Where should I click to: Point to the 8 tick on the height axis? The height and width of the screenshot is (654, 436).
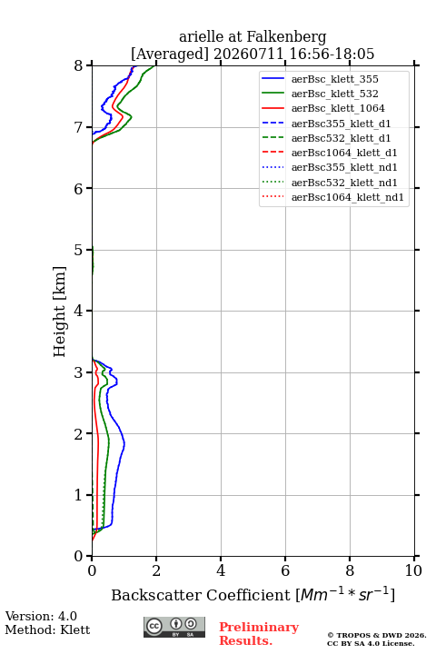(x=78, y=66)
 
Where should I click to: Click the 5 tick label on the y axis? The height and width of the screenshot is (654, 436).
(x=78, y=250)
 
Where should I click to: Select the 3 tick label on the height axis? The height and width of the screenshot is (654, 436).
(x=78, y=372)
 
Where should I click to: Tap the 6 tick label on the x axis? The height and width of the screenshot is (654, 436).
(x=285, y=570)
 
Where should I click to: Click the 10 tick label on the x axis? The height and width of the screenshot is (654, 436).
(x=413, y=570)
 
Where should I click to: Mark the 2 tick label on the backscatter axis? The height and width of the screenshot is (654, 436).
(x=156, y=570)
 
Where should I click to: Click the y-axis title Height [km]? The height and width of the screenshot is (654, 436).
(x=60, y=312)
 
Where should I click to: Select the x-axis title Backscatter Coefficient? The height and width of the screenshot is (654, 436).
(x=201, y=595)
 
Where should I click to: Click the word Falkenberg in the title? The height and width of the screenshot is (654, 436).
(x=286, y=37)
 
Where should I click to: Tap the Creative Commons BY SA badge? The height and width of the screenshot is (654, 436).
(x=174, y=627)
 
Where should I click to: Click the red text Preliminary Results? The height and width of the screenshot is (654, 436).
(x=259, y=634)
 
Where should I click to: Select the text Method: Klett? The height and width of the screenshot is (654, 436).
(x=47, y=629)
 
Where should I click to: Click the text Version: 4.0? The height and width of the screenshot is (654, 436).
(x=41, y=616)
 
